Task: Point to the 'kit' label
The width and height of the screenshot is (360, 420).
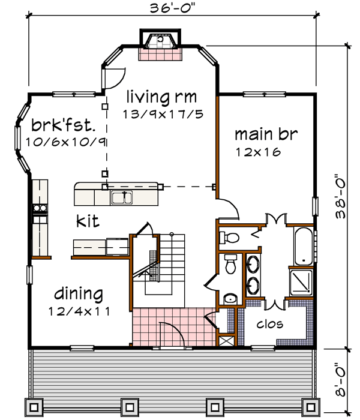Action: click(x=88, y=221)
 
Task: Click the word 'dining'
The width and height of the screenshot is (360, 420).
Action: click(x=78, y=294)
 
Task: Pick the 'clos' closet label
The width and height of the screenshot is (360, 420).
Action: click(x=270, y=325)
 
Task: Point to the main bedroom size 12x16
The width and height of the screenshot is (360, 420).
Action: click(x=258, y=152)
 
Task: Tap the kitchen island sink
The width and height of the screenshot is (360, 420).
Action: click(x=124, y=196)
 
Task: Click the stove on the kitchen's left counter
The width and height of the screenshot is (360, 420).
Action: click(x=40, y=209)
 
